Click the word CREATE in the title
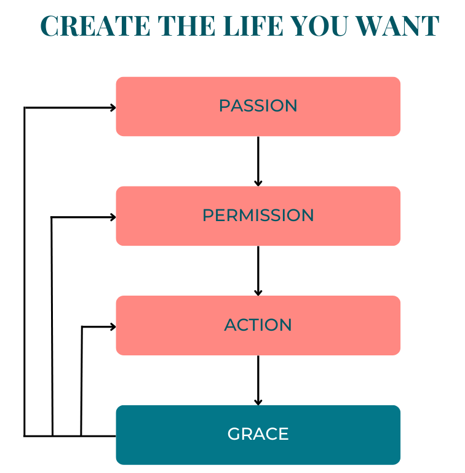click(x=95, y=26)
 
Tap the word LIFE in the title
click(x=253, y=26)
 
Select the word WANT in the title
click(x=397, y=26)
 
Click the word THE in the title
click(x=187, y=26)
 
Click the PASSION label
click(x=258, y=106)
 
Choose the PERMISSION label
click(x=258, y=216)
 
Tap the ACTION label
click(x=258, y=325)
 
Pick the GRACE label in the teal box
click(x=258, y=434)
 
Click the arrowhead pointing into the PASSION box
click(x=113, y=107)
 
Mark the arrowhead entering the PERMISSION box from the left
click(x=113, y=217)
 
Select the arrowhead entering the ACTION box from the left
click(x=113, y=326)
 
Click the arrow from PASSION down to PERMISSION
click(x=258, y=161)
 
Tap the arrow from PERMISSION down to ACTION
click(x=258, y=270)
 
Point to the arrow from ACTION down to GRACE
click(x=258, y=380)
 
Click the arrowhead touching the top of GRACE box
click(x=258, y=402)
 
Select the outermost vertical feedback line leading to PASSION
click(x=25, y=272)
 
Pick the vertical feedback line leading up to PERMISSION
click(x=52, y=326)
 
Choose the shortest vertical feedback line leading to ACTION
click(x=81, y=381)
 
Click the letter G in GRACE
click(x=234, y=434)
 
